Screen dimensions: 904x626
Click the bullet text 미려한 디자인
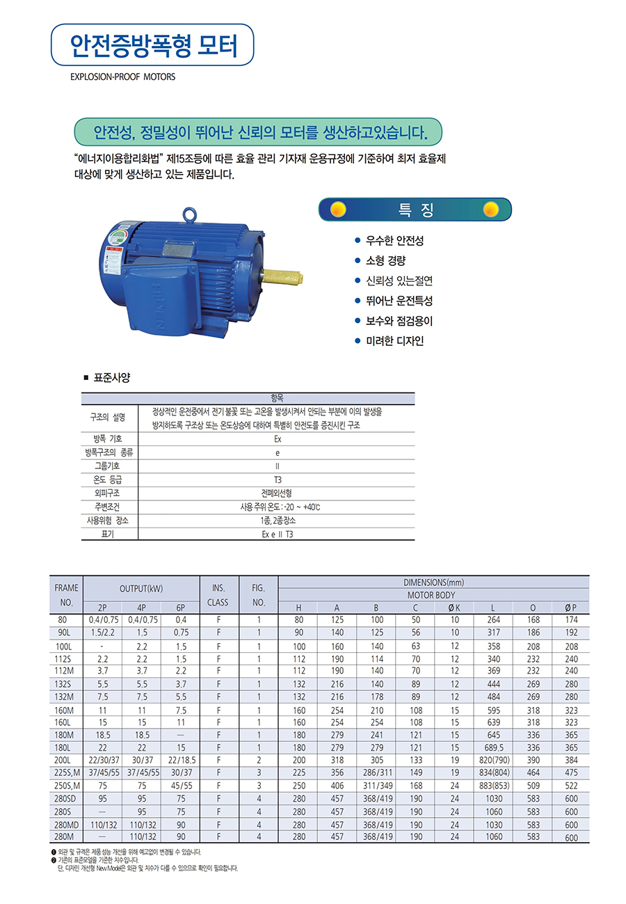pos(394,341)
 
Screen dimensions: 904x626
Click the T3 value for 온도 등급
pos(278,479)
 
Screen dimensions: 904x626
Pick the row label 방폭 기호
pos(109,439)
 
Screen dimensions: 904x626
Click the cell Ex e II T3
pos(277,534)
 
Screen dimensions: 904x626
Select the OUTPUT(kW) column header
pos(141,589)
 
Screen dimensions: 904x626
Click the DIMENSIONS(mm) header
pos(434,582)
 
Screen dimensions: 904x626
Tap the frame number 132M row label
pos(67,697)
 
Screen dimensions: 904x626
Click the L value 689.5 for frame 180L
pos(492,747)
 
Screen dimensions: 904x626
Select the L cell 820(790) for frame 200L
pos(492,760)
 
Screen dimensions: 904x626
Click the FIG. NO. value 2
pos(258,760)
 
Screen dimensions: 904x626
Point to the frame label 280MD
pos(67,825)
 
